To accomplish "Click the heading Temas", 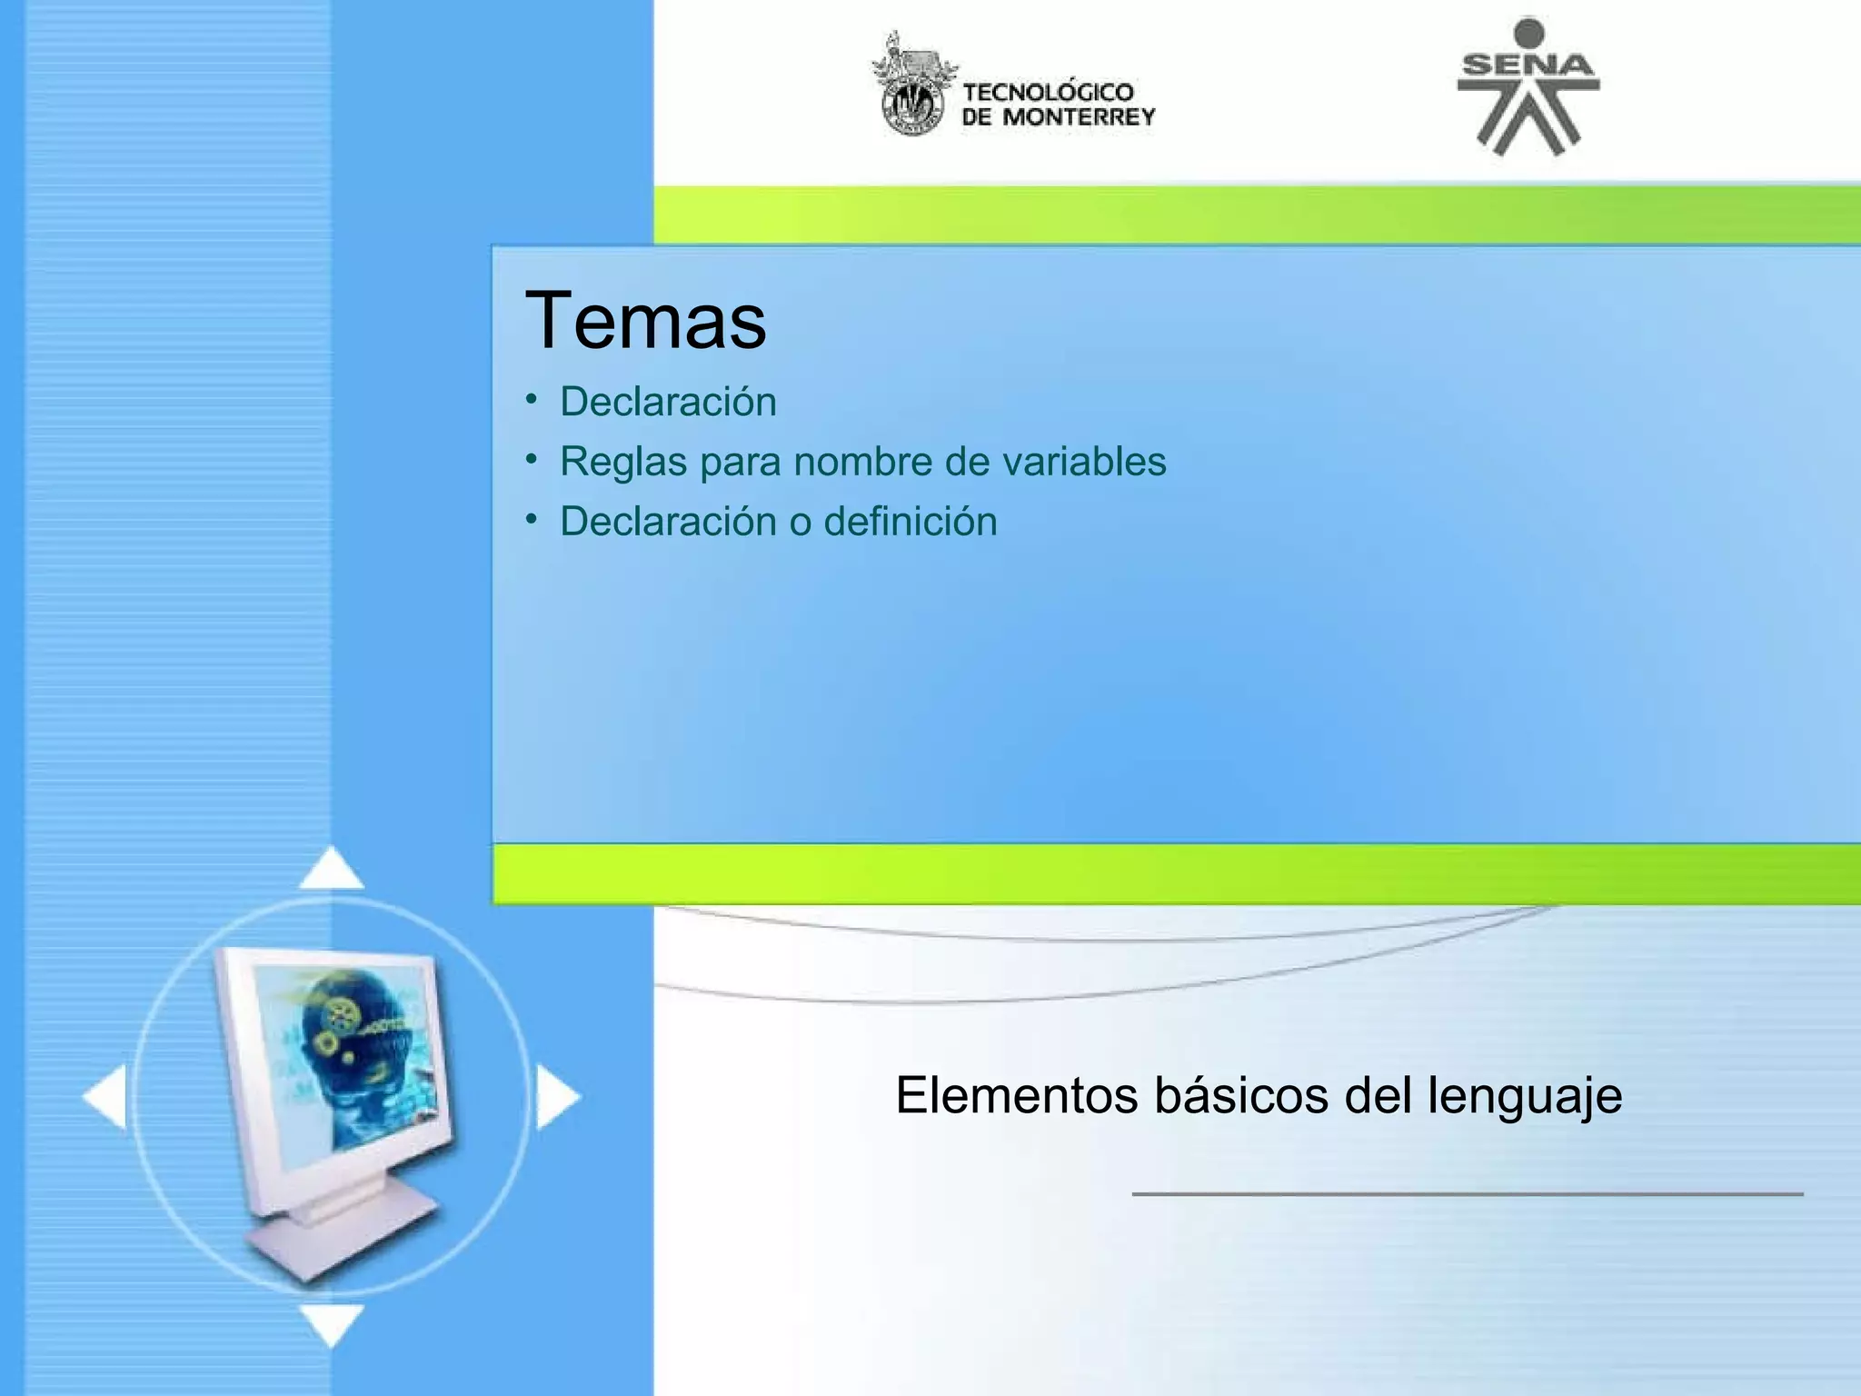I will point(645,320).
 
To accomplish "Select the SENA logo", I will point(1528,86).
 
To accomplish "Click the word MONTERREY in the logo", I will point(1079,116).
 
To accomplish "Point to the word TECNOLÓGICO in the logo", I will point(1048,92).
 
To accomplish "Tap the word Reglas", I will point(623,462).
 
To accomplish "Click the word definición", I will point(910,522).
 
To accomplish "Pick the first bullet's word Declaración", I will point(668,402).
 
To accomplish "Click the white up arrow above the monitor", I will point(331,870).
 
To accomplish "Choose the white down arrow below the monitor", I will point(331,1323).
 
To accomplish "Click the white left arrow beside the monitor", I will point(105,1098).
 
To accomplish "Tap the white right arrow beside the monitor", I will point(556,1098).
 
